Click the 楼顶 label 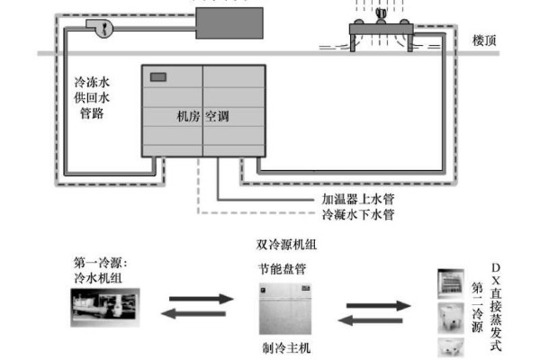pyautogui.click(x=490, y=40)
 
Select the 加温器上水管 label pyautogui.click(x=358, y=199)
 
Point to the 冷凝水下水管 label pyautogui.click(x=358, y=215)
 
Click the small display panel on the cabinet pyautogui.click(x=160, y=77)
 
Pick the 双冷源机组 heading pyautogui.click(x=285, y=244)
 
